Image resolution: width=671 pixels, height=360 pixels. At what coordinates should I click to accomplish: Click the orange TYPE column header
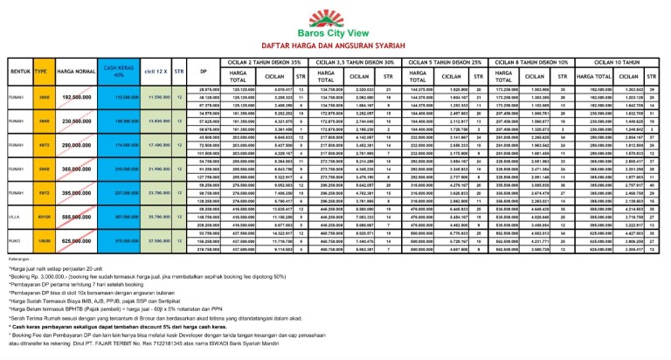pos(41,71)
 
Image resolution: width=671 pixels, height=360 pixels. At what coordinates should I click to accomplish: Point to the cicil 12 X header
pos(158,71)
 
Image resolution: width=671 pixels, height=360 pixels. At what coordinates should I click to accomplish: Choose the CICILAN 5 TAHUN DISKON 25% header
pos(447,62)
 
